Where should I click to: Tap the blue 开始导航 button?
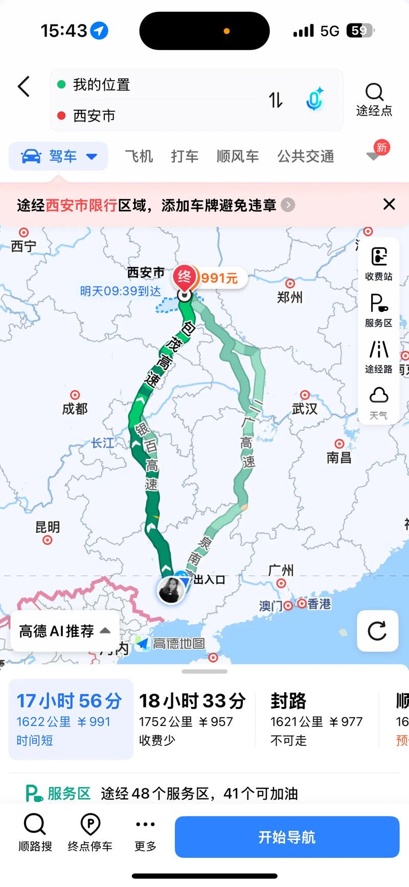click(x=287, y=837)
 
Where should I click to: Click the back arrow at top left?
click(x=24, y=86)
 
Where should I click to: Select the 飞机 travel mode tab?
click(x=139, y=156)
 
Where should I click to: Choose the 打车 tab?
click(x=185, y=156)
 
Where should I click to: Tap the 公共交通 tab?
click(x=306, y=156)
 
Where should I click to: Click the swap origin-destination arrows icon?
click(x=276, y=100)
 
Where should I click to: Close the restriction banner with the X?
click(x=389, y=205)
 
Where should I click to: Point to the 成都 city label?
click(x=75, y=408)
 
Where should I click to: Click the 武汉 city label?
click(x=305, y=408)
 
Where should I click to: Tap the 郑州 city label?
click(x=290, y=297)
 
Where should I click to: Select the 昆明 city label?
click(x=48, y=527)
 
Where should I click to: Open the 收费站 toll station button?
click(x=378, y=263)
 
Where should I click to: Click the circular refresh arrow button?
click(x=377, y=631)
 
